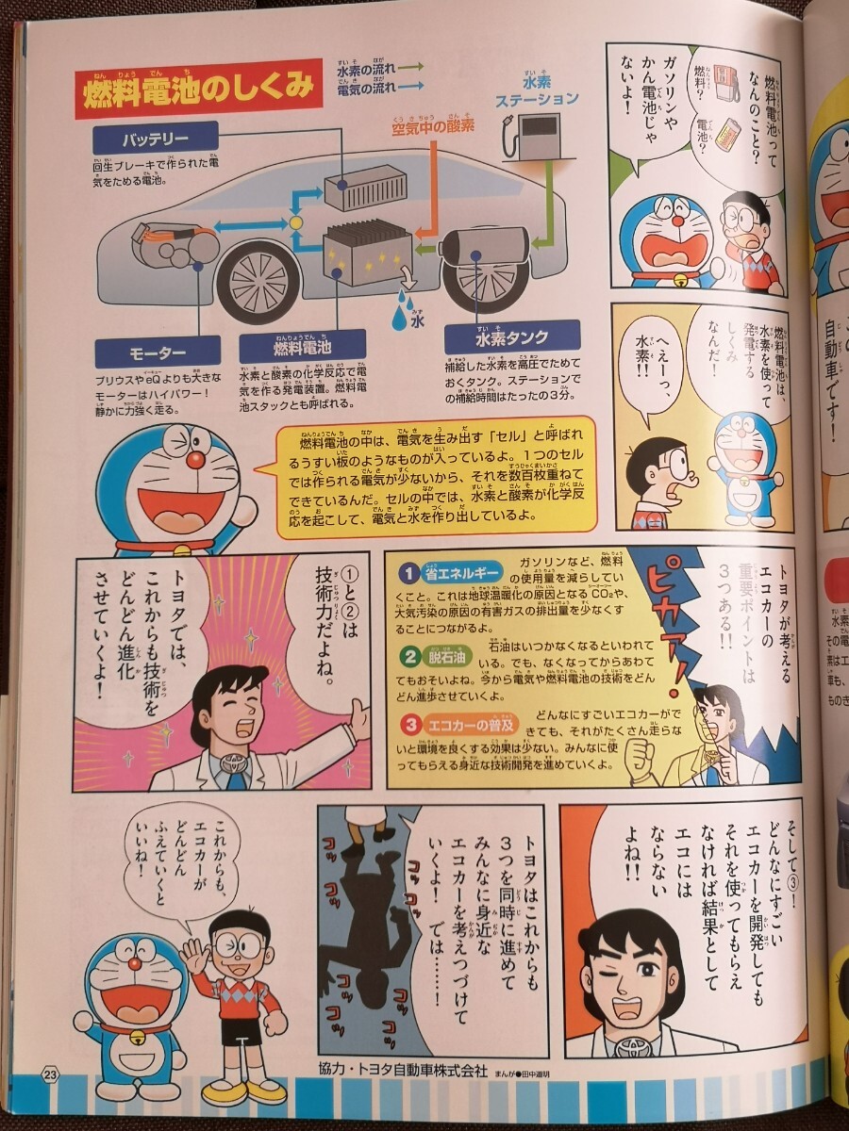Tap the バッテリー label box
pos(156,140)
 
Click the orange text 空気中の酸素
pos(433,125)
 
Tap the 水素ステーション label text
pos(537,90)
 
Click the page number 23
pos(49,1073)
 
